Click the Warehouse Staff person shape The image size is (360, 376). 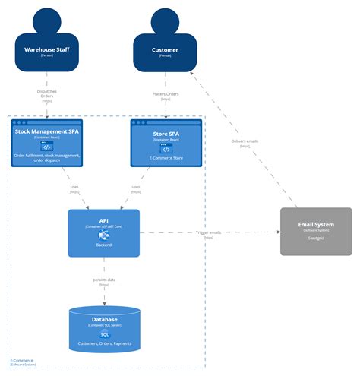(47, 47)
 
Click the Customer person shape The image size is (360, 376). (166, 47)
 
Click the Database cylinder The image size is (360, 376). (104, 329)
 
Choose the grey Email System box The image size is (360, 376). (316, 231)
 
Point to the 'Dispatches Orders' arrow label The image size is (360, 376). (47, 95)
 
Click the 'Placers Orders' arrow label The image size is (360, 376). (166, 95)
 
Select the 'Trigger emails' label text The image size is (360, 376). (208, 232)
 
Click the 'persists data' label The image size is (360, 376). (104, 280)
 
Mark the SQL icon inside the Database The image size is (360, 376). (104, 333)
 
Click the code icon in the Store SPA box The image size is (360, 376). (166, 149)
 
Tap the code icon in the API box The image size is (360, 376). (104, 236)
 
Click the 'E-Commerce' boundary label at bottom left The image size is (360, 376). (23, 360)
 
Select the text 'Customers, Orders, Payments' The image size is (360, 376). (104, 344)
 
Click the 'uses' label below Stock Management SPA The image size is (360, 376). (74, 187)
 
